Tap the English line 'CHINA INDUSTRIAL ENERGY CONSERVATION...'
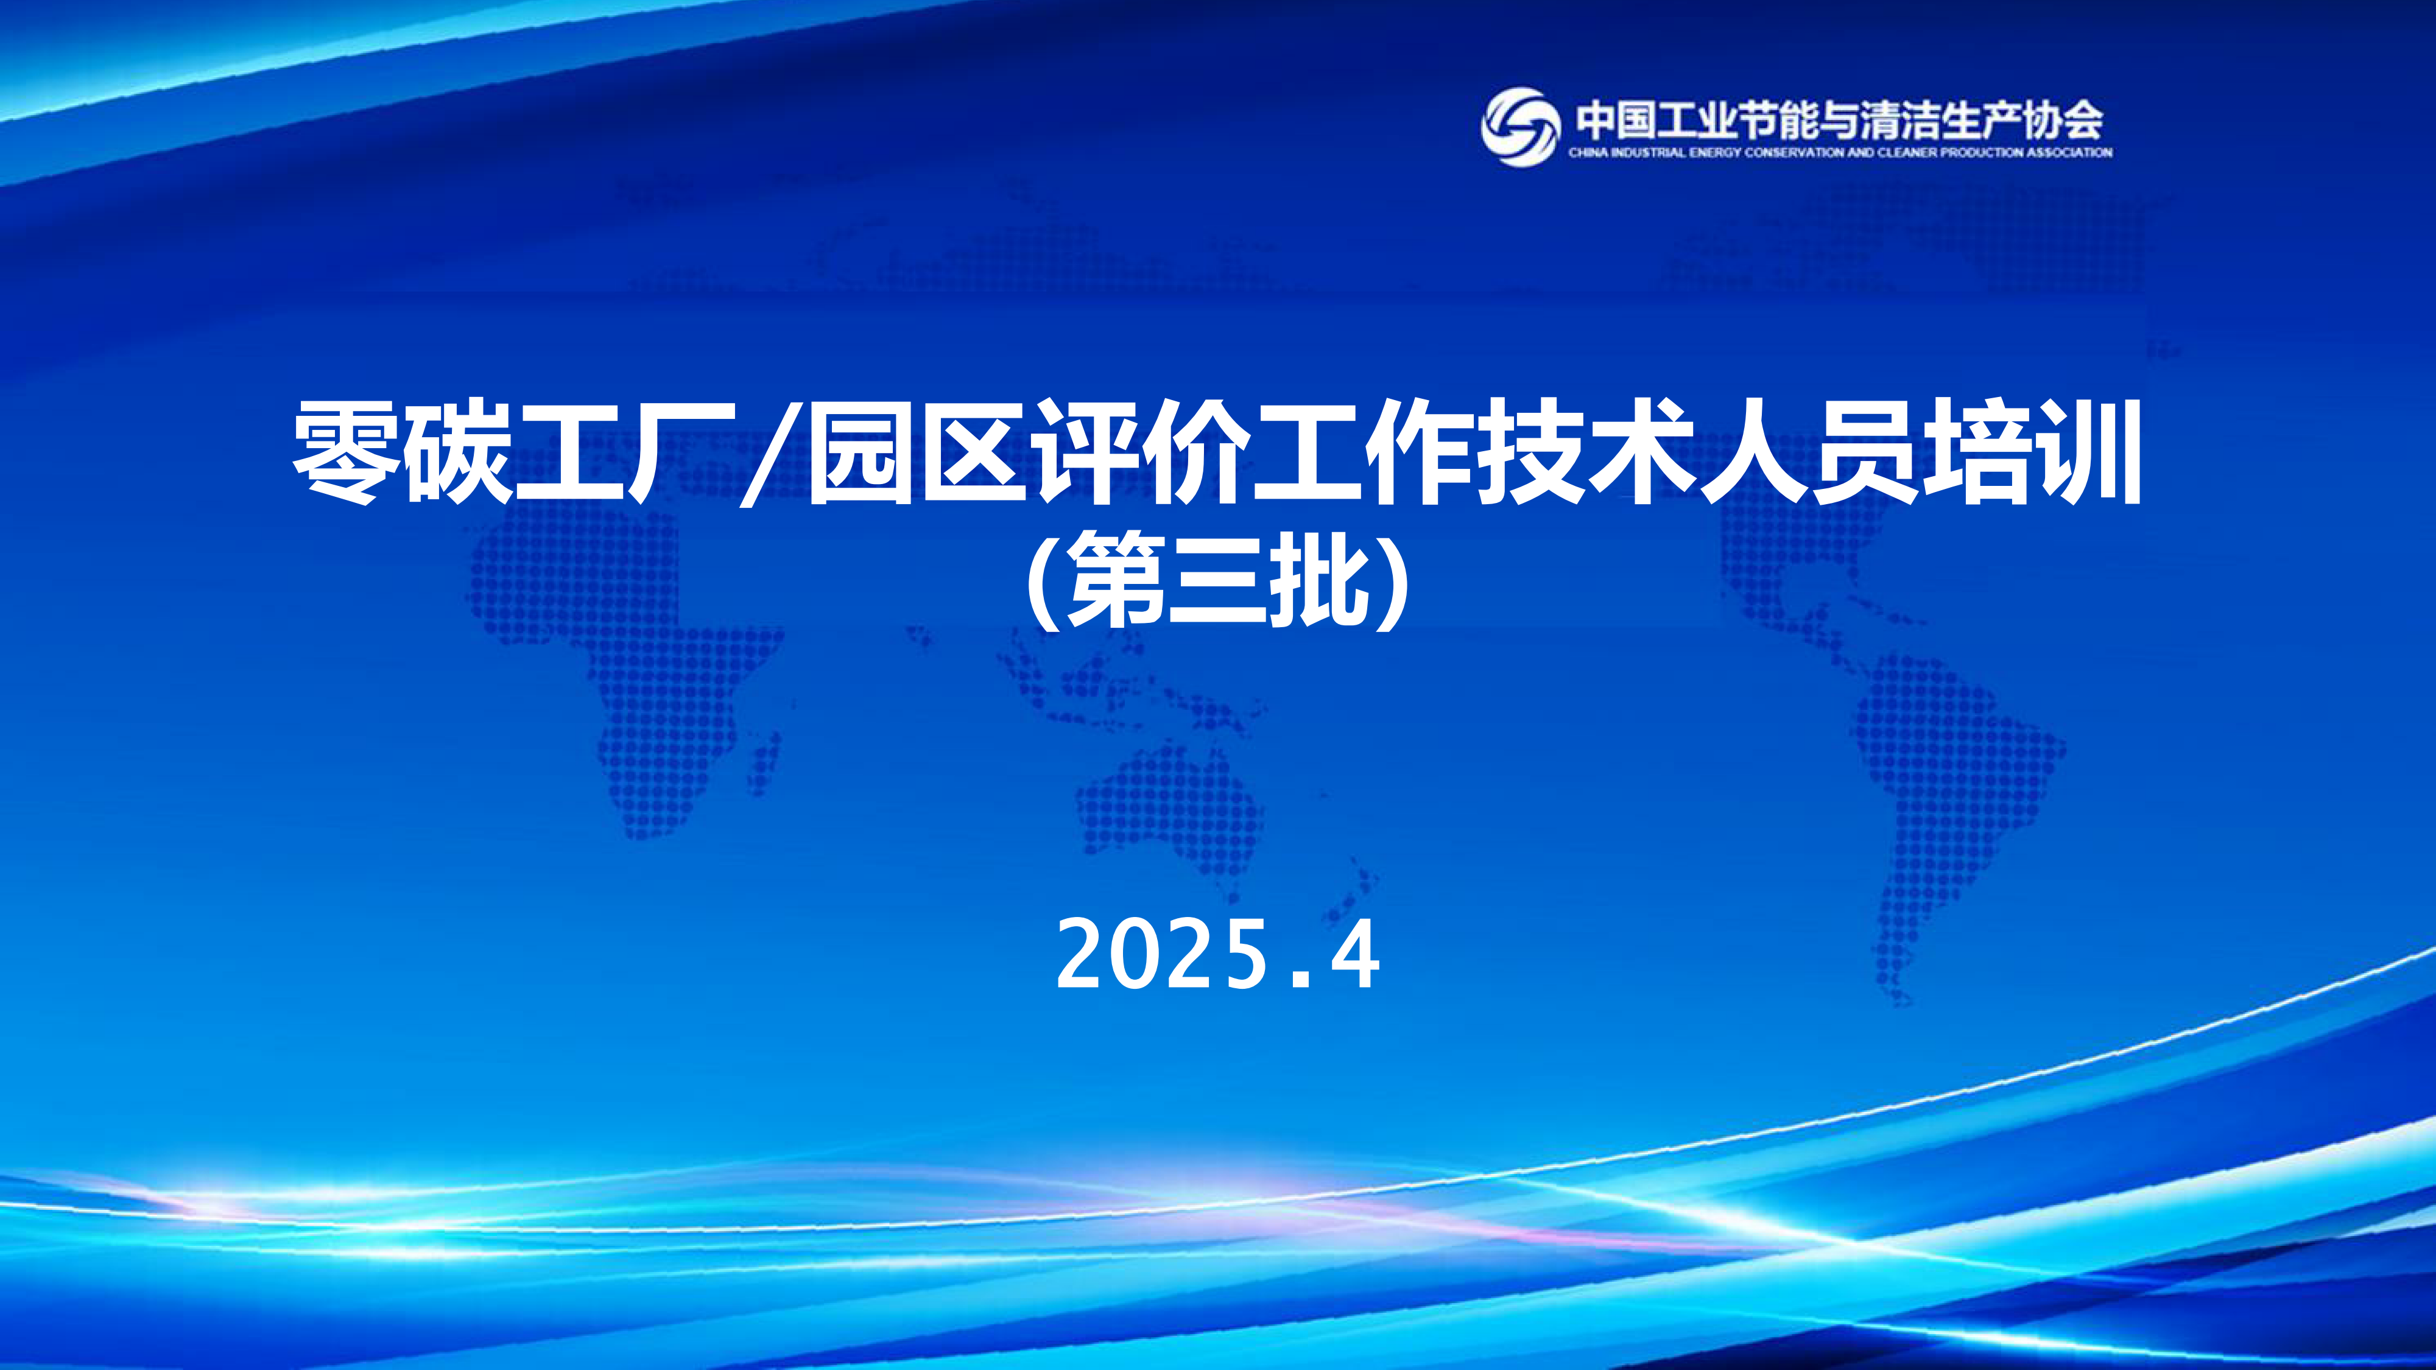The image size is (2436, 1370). [1840, 152]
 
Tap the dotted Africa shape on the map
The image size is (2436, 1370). [624, 662]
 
